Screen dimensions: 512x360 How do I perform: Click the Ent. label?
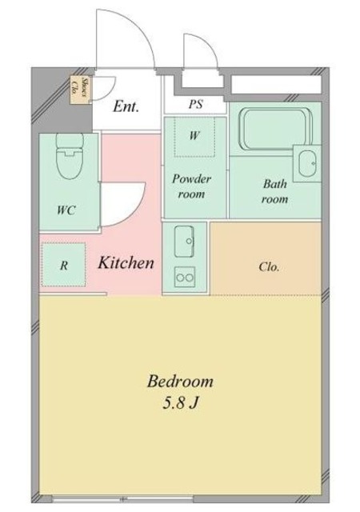[x=126, y=106]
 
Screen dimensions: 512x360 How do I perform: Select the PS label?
[x=195, y=104]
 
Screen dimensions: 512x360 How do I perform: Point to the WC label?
[x=66, y=210]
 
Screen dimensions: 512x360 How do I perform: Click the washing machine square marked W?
[x=194, y=137]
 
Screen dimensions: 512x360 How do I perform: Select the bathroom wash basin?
[x=306, y=166]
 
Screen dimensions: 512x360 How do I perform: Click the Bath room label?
[x=275, y=192]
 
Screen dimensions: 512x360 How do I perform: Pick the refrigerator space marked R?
[x=63, y=263]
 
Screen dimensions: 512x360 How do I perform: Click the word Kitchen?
[x=126, y=262]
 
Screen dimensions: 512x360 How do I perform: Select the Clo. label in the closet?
[x=269, y=266]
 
